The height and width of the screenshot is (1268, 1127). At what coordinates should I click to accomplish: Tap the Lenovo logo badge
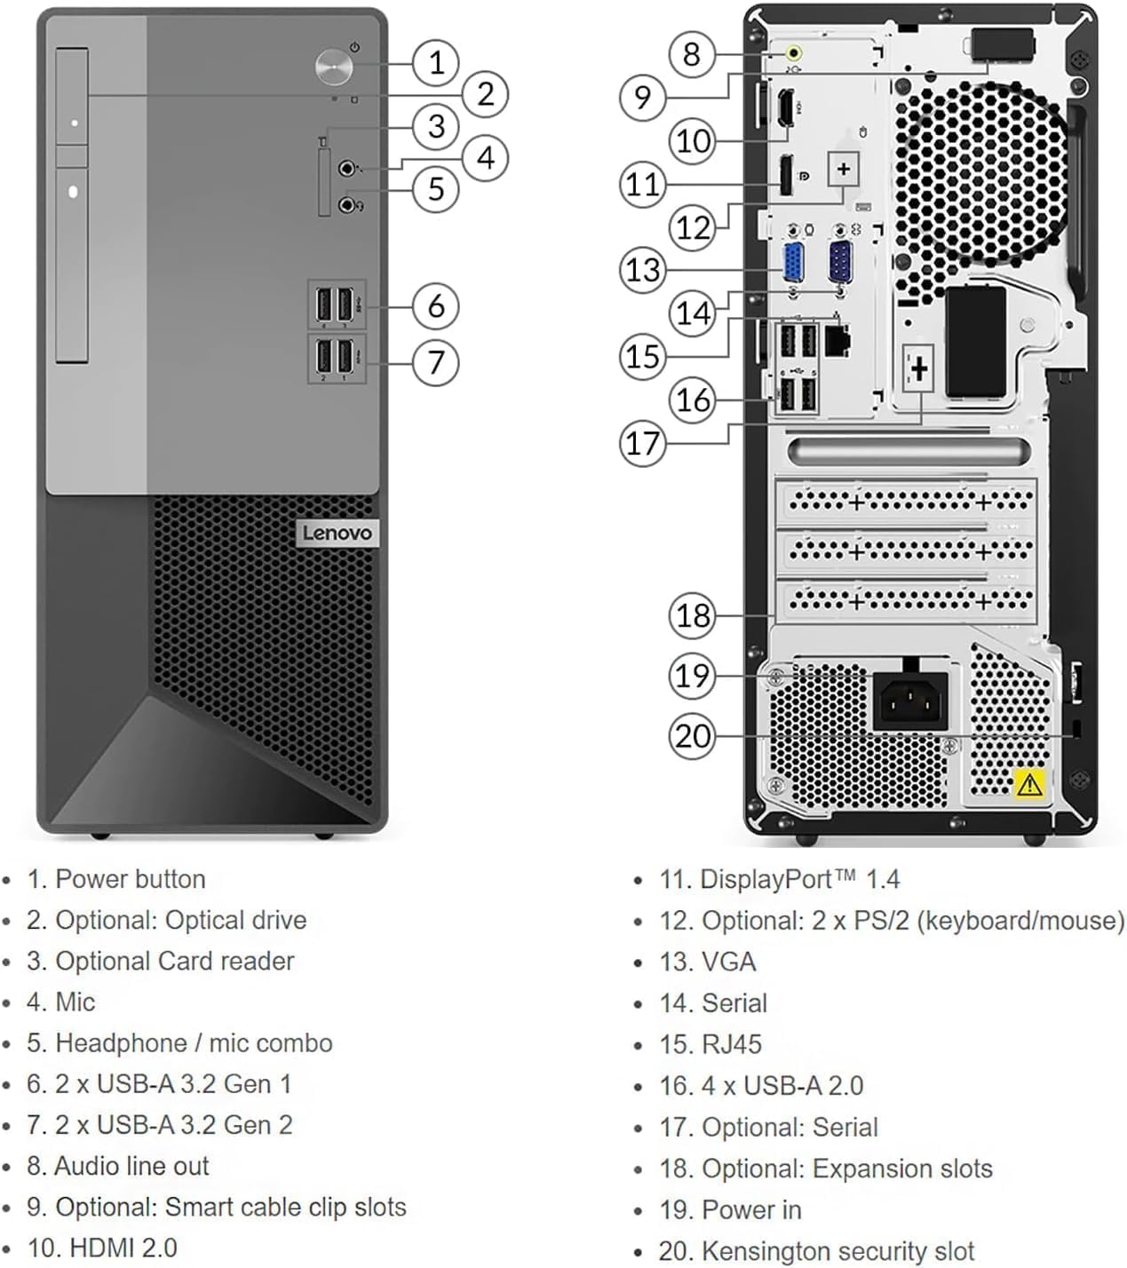(337, 533)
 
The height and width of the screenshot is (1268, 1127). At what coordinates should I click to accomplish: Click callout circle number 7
(435, 362)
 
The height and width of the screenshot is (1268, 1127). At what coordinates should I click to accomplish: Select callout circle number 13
(642, 269)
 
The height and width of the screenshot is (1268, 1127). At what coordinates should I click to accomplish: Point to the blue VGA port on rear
(791, 264)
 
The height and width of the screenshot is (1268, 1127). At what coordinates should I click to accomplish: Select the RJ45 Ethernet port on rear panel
(838, 339)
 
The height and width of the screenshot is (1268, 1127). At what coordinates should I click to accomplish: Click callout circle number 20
(692, 736)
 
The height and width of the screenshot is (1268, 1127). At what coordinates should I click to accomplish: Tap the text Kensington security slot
(837, 1250)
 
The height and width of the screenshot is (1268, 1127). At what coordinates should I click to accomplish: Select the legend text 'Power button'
(130, 879)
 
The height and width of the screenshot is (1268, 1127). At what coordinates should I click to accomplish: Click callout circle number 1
(435, 62)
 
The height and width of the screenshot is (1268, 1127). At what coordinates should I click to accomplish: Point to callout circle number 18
(692, 614)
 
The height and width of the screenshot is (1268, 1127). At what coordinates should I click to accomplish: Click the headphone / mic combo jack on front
(349, 205)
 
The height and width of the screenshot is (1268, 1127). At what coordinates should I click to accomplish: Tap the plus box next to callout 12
(843, 168)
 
